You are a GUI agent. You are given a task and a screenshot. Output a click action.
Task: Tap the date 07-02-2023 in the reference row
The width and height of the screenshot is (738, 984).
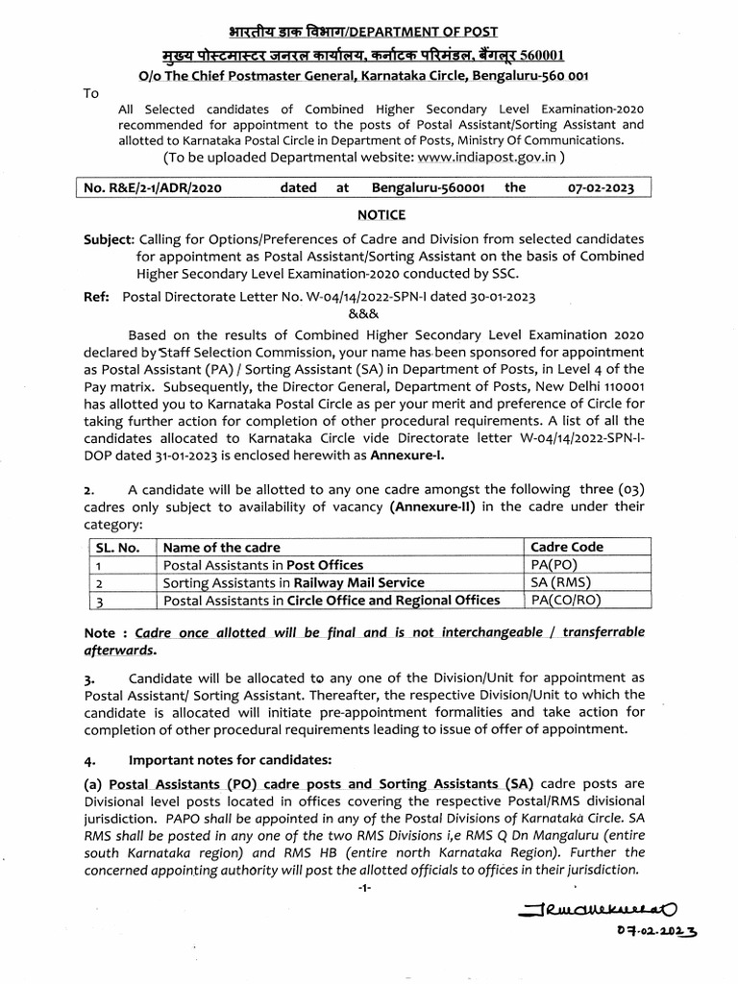(x=601, y=188)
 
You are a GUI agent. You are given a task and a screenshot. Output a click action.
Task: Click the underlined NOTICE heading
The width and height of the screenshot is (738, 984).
(x=383, y=215)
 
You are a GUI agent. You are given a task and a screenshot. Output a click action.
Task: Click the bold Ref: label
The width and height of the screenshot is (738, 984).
(x=97, y=297)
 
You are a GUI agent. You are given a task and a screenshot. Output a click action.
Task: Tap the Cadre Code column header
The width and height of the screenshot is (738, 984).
(x=567, y=547)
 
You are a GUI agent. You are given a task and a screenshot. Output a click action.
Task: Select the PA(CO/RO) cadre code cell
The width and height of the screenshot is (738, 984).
(x=566, y=601)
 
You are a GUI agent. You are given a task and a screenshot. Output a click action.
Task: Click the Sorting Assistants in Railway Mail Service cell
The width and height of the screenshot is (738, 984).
(x=293, y=582)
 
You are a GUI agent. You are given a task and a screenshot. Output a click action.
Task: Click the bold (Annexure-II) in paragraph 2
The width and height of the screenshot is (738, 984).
(x=429, y=506)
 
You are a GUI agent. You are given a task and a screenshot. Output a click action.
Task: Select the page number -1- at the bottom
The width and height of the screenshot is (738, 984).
(x=364, y=888)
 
